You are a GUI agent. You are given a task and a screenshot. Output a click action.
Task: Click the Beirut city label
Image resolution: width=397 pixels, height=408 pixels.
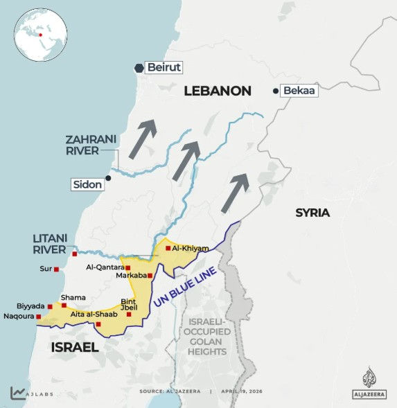coord(164,68)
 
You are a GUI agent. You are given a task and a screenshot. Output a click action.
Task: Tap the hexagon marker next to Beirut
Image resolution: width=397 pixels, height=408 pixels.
coord(139,68)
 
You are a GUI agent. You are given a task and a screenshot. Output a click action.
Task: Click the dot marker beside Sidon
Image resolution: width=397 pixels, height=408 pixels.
coord(108,178)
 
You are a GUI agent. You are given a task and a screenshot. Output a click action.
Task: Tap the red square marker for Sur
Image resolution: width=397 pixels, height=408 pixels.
coord(57,270)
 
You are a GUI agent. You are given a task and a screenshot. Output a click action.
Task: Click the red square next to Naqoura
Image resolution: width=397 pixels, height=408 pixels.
coord(39,317)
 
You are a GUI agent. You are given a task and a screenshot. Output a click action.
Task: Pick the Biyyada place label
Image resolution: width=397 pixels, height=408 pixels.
coord(30,305)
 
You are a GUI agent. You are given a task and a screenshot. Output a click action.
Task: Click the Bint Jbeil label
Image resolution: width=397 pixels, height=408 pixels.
coord(128,305)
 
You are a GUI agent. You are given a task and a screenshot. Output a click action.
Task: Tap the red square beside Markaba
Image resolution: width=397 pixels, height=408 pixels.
coord(150,276)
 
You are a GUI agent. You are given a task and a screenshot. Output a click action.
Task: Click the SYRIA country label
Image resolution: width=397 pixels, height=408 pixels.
coord(312,213)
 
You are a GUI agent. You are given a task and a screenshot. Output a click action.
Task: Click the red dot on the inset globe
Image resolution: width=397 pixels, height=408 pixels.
coord(41,33)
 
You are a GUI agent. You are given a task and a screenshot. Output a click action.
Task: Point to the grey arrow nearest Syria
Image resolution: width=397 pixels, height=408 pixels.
coord(235,193)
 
